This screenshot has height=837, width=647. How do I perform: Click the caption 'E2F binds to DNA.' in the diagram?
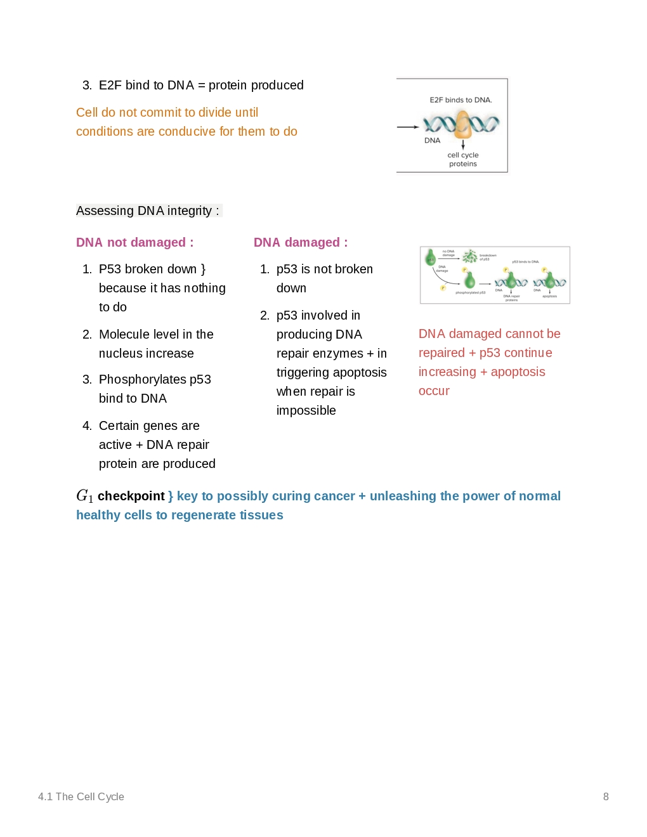point(461,100)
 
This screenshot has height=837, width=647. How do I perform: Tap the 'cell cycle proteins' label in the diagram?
point(463,160)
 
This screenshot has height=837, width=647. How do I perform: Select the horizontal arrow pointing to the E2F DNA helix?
point(408,127)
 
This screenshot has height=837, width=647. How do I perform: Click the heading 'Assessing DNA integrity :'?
point(148,211)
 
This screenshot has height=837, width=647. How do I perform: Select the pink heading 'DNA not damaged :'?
point(134,243)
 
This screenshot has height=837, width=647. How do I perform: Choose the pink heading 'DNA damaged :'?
point(301,243)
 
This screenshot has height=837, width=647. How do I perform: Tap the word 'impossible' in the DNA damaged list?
point(306,411)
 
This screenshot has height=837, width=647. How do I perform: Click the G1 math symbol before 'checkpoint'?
point(84,496)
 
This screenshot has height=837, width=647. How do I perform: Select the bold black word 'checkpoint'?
point(131,496)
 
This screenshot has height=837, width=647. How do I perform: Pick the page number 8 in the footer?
point(606,797)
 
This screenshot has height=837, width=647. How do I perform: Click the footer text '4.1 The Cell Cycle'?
point(81,797)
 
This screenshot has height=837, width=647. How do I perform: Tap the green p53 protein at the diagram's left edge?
point(431,257)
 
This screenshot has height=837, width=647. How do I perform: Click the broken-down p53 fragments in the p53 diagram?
point(470,256)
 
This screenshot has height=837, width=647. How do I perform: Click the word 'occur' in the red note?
point(434,391)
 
